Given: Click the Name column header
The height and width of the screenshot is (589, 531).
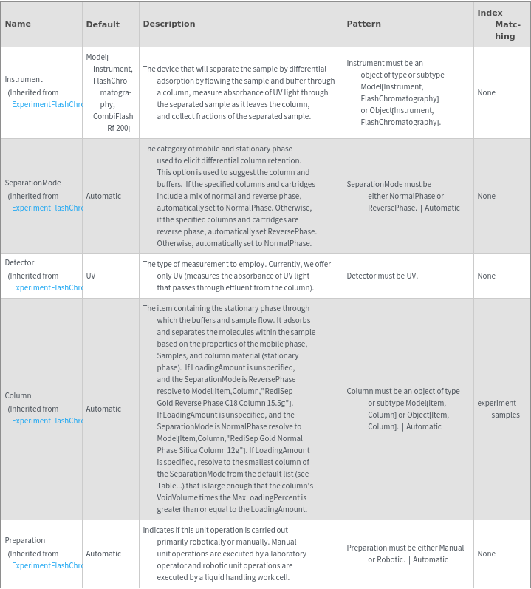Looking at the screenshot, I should pyautogui.click(x=18, y=24).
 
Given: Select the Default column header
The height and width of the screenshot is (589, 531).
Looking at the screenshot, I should pyautogui.click(x=103, y=24).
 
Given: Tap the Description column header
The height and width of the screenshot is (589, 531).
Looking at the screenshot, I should pyautogui.click(x=169, y=24).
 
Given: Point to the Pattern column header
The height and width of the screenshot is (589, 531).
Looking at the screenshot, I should pyautogui.click(x=363, y=24).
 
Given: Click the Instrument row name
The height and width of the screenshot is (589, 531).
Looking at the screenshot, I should pyautogui.click(x=24, y=79).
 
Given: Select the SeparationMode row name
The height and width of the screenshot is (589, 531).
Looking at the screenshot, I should pyautogui.click(x=32, y=183).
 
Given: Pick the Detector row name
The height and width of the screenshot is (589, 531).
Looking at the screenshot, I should pyautogui.click(x=19, y=262).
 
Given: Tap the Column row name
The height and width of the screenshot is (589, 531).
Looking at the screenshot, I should pyautogui.click(x=18, y=395).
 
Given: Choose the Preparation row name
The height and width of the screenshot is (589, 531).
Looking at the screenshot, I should pyautogui.click(x=25, y=540).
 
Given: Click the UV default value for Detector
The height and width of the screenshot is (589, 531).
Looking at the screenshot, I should pyautogui.click(x=91, y=276).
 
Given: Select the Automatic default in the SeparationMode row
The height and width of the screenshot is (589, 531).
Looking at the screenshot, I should pyautogui.click(x=103, y=196).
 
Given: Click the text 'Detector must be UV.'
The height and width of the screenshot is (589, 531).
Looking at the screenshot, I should pyautogui.click(x=382, y=276).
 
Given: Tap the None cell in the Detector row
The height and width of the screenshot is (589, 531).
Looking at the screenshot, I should pyautogui.click(x=486, y=276).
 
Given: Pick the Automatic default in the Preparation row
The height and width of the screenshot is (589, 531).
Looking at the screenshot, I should pyautogui.click(x=103, y=554).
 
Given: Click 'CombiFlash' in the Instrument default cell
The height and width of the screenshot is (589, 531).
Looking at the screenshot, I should pyautogui.click(x=113, y=116).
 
